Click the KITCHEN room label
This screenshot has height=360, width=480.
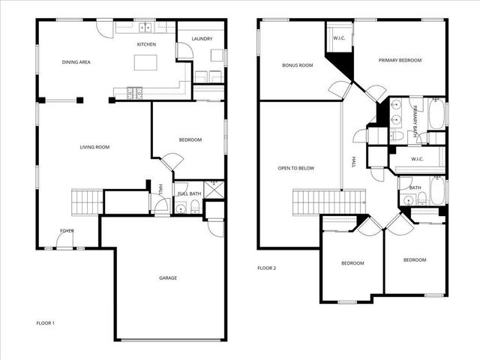click(x=146, y=45)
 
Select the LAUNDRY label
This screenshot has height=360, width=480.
click(x=202, y=39)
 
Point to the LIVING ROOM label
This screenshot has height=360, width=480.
click(x=94, y=147)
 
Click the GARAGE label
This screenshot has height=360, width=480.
click(x=167, y=278)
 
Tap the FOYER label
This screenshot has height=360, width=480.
click(x=67, y=231)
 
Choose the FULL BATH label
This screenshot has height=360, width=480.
click(x=189, y=194)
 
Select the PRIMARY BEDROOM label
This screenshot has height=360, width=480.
click(x=400, y=60)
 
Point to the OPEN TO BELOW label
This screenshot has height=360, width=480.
click(x=295, y=168)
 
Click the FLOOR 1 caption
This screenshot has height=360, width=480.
click(x=46, y=323)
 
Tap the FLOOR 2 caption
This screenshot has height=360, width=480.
click(x=267, y=268)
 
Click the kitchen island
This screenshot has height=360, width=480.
click(x=146, y=62)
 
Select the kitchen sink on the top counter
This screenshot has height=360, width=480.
click(x=145, y=28)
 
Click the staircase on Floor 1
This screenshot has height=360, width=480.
click(x=85, y=202)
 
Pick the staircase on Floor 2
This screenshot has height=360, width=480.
click(x=307, y=202)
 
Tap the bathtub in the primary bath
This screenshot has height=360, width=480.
click(x=436, y=114)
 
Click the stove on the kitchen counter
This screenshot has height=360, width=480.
click(x=136, y=93)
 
